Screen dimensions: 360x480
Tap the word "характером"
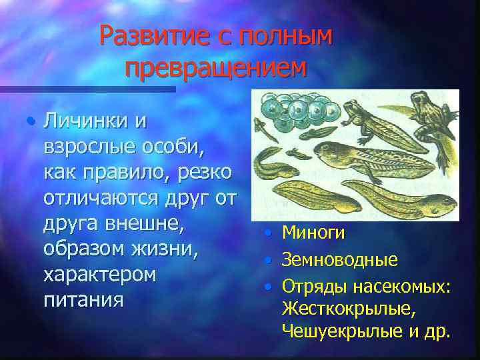tap(99, 274)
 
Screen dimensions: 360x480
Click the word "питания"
tap(83, 299)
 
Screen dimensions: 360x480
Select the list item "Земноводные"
tap(339, 259)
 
